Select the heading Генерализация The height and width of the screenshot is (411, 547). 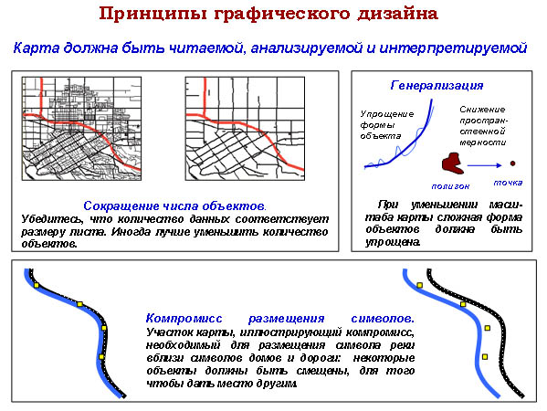(437, 85)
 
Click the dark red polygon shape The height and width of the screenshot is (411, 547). (452, 163)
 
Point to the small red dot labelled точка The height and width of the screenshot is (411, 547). (512, 163)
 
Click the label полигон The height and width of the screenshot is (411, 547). (450, 186)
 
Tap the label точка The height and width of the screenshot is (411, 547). (508, 183)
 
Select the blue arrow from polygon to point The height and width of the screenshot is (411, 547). (484, 165)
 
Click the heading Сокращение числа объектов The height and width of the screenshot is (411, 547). (174, 205)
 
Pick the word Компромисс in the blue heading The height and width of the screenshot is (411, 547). (184, 319)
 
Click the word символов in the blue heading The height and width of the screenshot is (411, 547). (383, 319)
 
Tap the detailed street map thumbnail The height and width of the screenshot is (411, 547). (81, 129)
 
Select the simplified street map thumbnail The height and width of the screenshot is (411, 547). (245, 129)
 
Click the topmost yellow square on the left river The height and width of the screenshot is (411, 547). (37, 285)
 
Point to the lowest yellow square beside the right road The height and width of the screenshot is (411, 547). (485, 356)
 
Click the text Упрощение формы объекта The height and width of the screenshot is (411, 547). (387, 125)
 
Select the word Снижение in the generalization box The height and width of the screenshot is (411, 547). (482, 110)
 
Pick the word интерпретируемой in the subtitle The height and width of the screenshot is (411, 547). (453, 48)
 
